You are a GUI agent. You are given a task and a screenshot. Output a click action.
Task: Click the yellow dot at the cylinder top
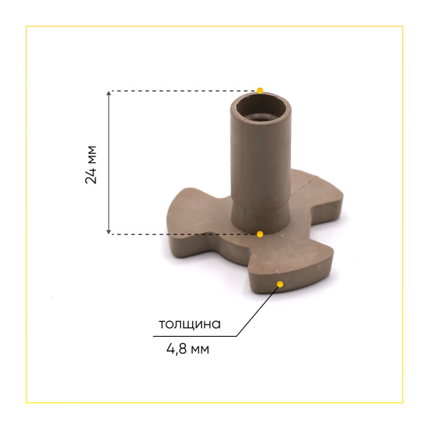(260, 91)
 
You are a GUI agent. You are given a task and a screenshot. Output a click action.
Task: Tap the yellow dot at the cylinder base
(260, 235)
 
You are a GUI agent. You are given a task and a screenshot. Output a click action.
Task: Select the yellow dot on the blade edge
(280, 285)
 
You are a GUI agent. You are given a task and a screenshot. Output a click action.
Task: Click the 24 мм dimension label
(91, 164)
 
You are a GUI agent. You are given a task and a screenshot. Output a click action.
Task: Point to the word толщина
(189, 324)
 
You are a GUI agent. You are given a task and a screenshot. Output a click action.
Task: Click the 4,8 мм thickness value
(187, 349)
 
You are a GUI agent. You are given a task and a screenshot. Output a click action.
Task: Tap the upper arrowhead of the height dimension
(109, 93)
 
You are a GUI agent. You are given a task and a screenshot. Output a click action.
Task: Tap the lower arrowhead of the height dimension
(109, 232)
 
